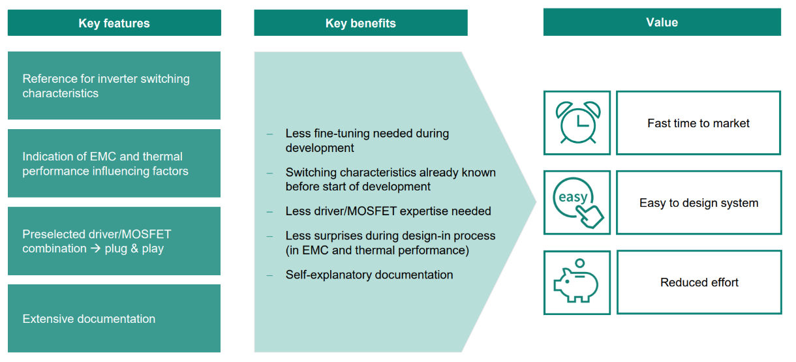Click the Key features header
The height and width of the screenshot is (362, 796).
(x=114, y=23)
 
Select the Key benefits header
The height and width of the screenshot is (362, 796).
(x=360, y=23)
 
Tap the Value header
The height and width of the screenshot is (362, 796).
(x=662, y=22)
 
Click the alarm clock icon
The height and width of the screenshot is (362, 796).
(x=577, y=123)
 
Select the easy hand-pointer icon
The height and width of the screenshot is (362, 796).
(x=577, y=202)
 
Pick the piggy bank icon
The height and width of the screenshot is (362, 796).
(x=577, y=282)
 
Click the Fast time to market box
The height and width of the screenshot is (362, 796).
(x=698, y=123)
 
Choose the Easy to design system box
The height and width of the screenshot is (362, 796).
(x=698, y=203)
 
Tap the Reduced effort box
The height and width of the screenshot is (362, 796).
(x=699, y=282)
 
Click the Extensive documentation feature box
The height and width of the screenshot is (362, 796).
(x=114, y=318)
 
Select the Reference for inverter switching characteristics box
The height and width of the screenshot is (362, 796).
(x=114, y=85)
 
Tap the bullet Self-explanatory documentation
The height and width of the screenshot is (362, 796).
(x=369, y=275)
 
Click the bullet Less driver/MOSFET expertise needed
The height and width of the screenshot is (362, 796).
(x=388, y=211)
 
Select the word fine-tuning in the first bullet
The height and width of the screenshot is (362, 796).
(x=342, y=133)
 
